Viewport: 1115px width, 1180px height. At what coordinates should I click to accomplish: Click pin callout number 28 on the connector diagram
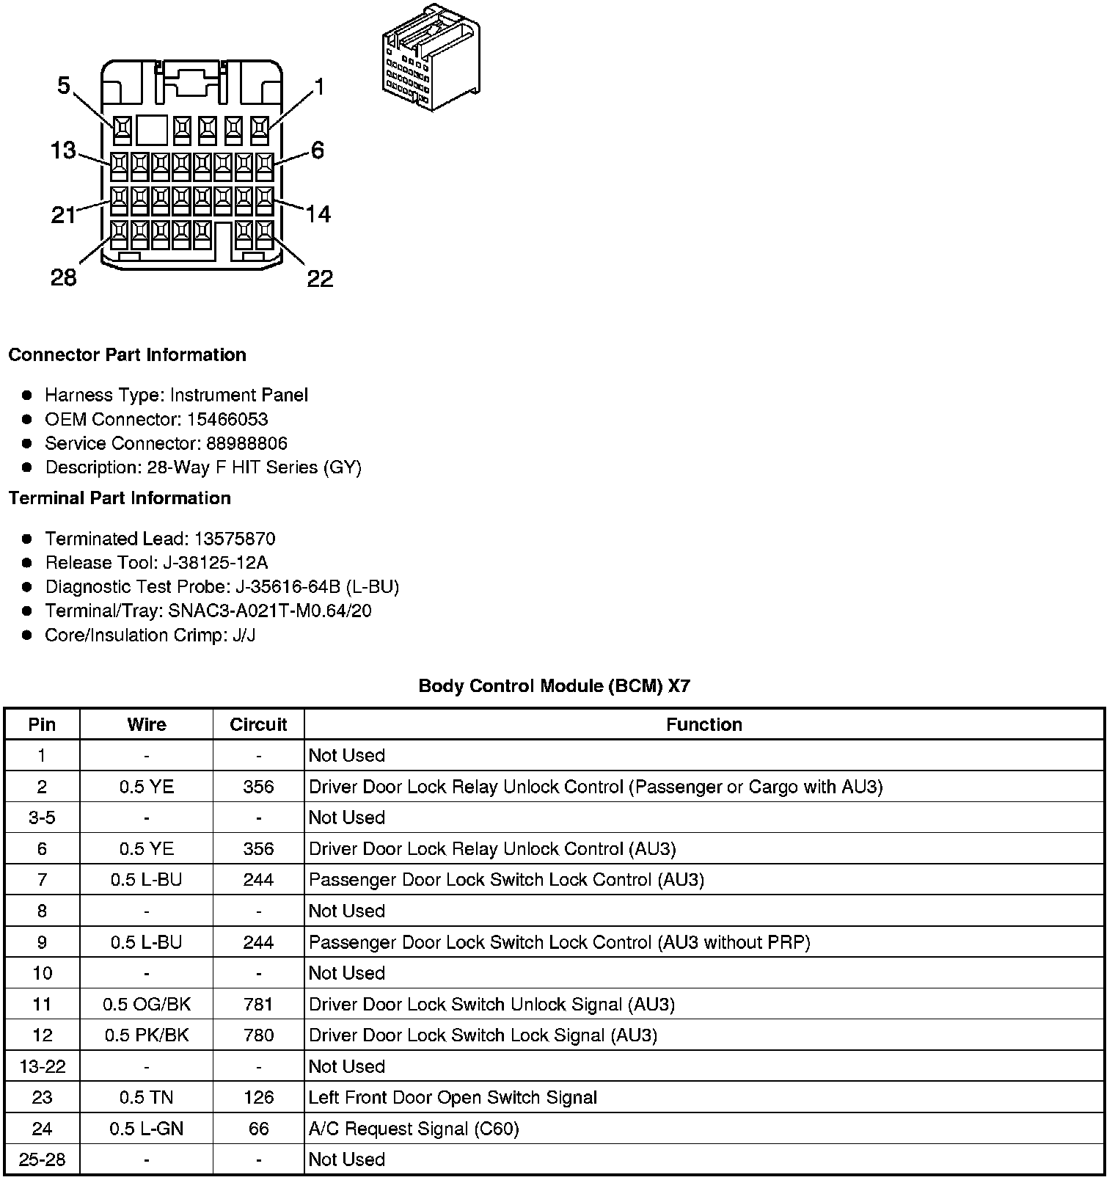(x=63, y=278)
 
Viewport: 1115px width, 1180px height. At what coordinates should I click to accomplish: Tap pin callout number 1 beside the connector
(x=318, y=88)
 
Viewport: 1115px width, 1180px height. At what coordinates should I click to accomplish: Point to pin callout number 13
(x=63, y=150)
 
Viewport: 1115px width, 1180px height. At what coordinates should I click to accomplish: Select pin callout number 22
(x=320, y=279)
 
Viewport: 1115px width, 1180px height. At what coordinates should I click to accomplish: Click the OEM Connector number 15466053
(x=227, y=420)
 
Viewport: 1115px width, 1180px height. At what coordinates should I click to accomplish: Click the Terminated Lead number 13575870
(x=234, y=539)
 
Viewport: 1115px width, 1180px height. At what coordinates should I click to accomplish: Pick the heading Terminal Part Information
(x=120, y=498)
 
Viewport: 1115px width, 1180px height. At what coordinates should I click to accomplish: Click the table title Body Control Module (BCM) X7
(x=554, y=686)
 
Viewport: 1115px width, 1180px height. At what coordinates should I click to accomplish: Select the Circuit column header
(x=258, y=725)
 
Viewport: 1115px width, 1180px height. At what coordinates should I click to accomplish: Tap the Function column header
(x=703, y=725)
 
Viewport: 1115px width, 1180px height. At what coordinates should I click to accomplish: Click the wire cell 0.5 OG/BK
(x=147, y=1005)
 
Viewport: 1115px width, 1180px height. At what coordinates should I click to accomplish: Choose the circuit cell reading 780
(x=258, y=1035)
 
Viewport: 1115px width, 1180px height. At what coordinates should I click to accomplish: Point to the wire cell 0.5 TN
(x=147, y=1098)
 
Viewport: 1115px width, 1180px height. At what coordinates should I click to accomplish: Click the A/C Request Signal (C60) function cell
(x=414, y=1129)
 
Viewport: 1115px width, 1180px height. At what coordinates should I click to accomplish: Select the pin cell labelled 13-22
(x=43, y=1067)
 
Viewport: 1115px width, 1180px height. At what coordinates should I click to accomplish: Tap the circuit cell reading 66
(x=258, y=1129)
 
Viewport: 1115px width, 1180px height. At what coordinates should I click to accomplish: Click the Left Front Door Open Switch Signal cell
(x=453, y=1098)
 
